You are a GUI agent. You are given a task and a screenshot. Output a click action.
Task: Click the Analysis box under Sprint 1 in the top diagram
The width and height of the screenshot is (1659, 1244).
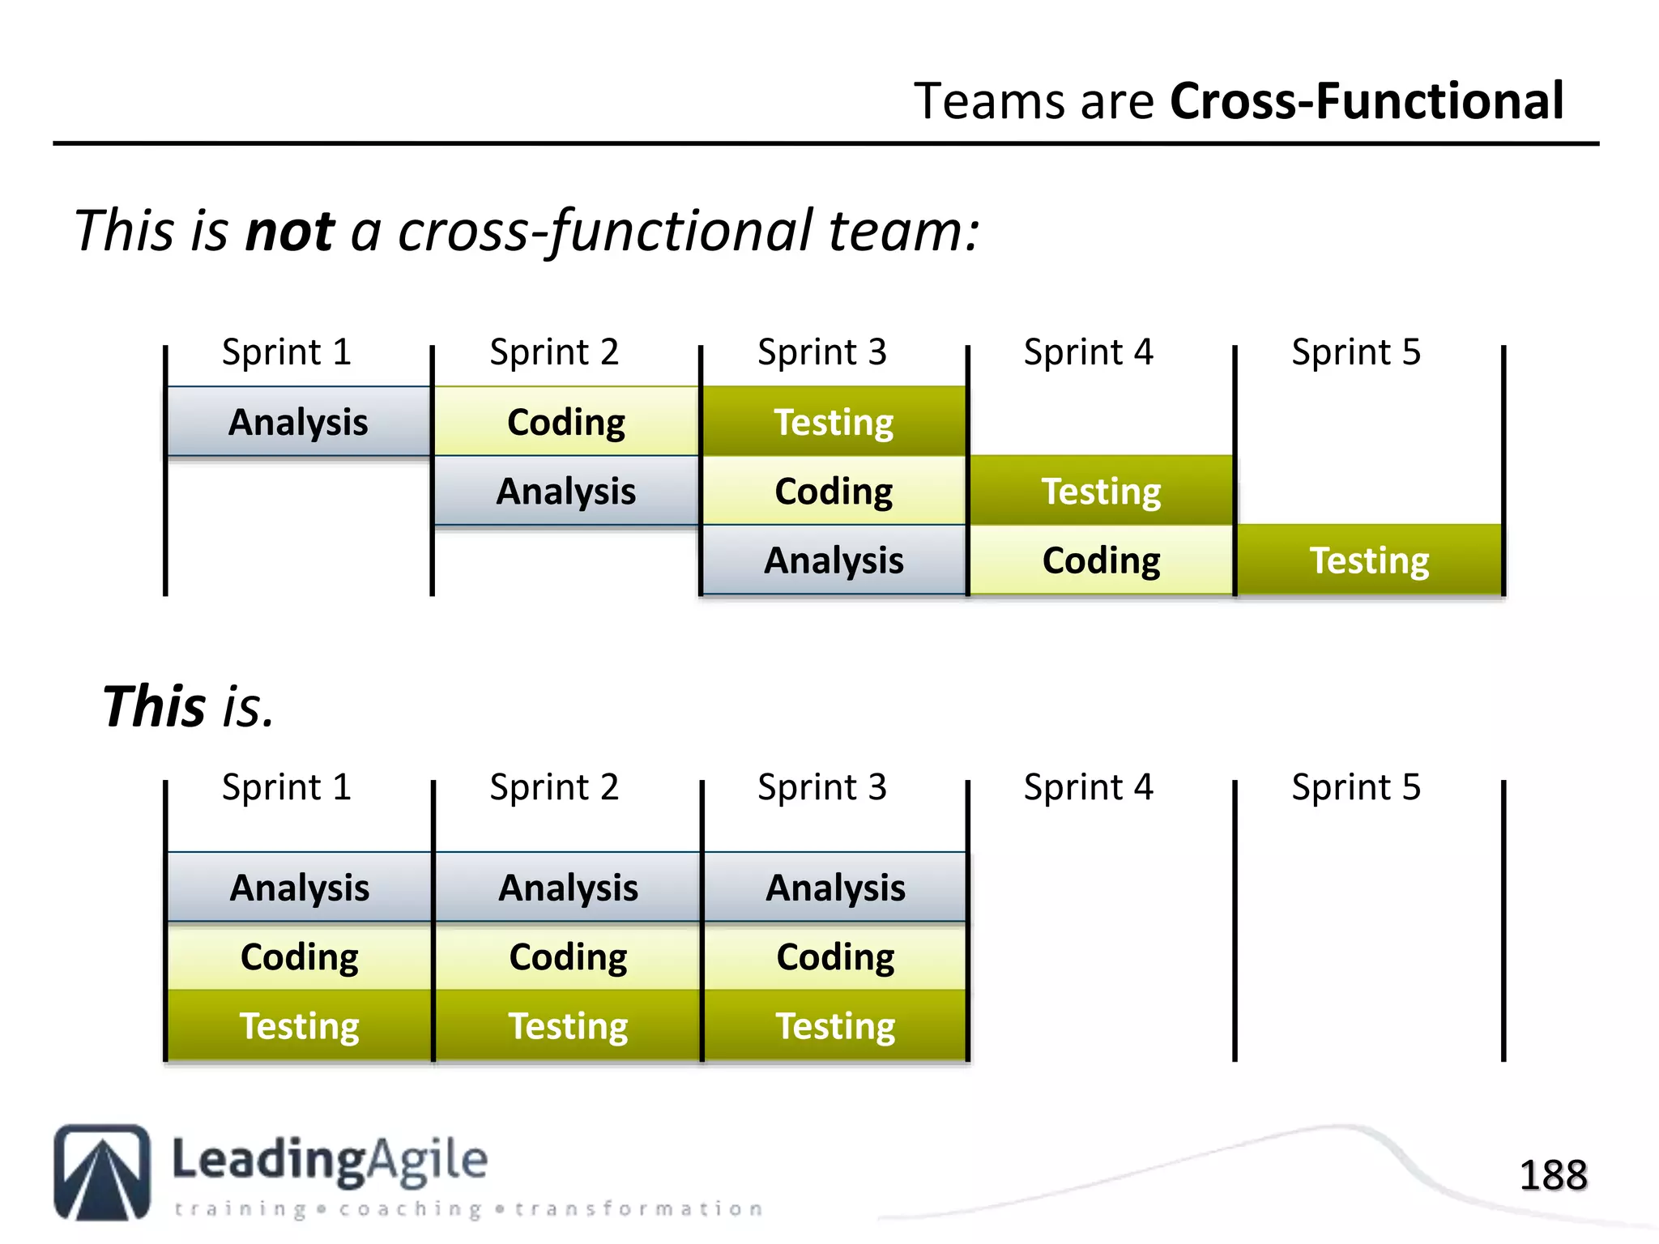[298, 422]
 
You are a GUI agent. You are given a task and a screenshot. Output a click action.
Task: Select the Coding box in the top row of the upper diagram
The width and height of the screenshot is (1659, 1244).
[566, 422]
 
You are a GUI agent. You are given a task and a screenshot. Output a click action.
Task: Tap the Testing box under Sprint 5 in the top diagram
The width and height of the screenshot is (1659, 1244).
[1370, 560]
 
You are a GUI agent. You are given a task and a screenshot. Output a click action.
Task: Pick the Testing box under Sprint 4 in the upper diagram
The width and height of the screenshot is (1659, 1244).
[1102, 491]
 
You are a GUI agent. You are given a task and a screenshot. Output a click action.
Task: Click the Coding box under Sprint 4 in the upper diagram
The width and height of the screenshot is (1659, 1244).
[1102, 560]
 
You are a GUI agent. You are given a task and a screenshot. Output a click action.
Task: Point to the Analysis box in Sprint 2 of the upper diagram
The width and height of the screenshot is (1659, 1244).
[566, 491]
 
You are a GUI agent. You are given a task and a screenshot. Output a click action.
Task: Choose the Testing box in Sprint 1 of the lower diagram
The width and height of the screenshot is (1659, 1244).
[299, 1025]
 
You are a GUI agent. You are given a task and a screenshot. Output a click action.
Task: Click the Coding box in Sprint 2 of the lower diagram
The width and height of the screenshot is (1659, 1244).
[568, 956]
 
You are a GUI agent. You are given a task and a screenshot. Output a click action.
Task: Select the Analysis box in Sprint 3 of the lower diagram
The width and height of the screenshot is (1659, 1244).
[835, 888]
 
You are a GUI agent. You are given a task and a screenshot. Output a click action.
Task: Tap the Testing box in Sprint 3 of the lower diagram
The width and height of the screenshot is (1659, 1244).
[835, 1025]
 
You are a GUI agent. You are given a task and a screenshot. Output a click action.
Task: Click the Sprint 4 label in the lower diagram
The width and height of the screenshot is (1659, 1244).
[1088, 787]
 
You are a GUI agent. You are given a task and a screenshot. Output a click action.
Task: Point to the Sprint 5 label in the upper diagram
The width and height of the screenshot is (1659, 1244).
[1356, 352]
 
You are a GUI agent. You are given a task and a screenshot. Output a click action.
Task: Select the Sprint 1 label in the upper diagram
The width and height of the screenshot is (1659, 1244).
[287, 352]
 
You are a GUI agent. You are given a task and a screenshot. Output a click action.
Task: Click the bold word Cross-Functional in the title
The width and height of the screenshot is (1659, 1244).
[1367, 102]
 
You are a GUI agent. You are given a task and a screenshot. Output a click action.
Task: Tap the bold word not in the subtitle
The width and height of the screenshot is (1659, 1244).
[289, 231]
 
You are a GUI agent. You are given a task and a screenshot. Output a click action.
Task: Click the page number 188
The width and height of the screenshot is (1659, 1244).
[1553, 1175]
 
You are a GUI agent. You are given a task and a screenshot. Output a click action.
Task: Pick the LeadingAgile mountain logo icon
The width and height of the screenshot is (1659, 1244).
[102, 1172]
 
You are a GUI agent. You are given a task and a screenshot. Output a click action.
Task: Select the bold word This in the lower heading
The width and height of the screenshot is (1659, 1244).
[154, 706]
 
